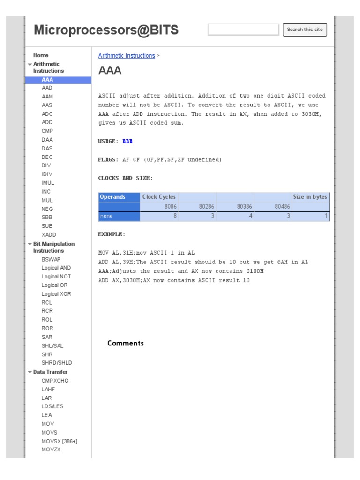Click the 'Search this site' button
[305, 30]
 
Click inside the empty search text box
[243, 30]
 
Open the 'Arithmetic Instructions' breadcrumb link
[126, 56]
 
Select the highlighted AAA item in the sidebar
[47, 80]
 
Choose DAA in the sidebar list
[47, 140]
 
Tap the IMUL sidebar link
[48, 183]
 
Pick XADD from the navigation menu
[49, 234]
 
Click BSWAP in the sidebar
[51, 259]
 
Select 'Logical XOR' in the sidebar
[56, 294]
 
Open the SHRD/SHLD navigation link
[57, 363]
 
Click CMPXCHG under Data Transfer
[55, 381]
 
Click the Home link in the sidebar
[41, 55]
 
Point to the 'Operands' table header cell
[112, 197]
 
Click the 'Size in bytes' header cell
[310, 197]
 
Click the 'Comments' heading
[126, 344]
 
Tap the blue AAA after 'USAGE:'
[127, 141]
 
